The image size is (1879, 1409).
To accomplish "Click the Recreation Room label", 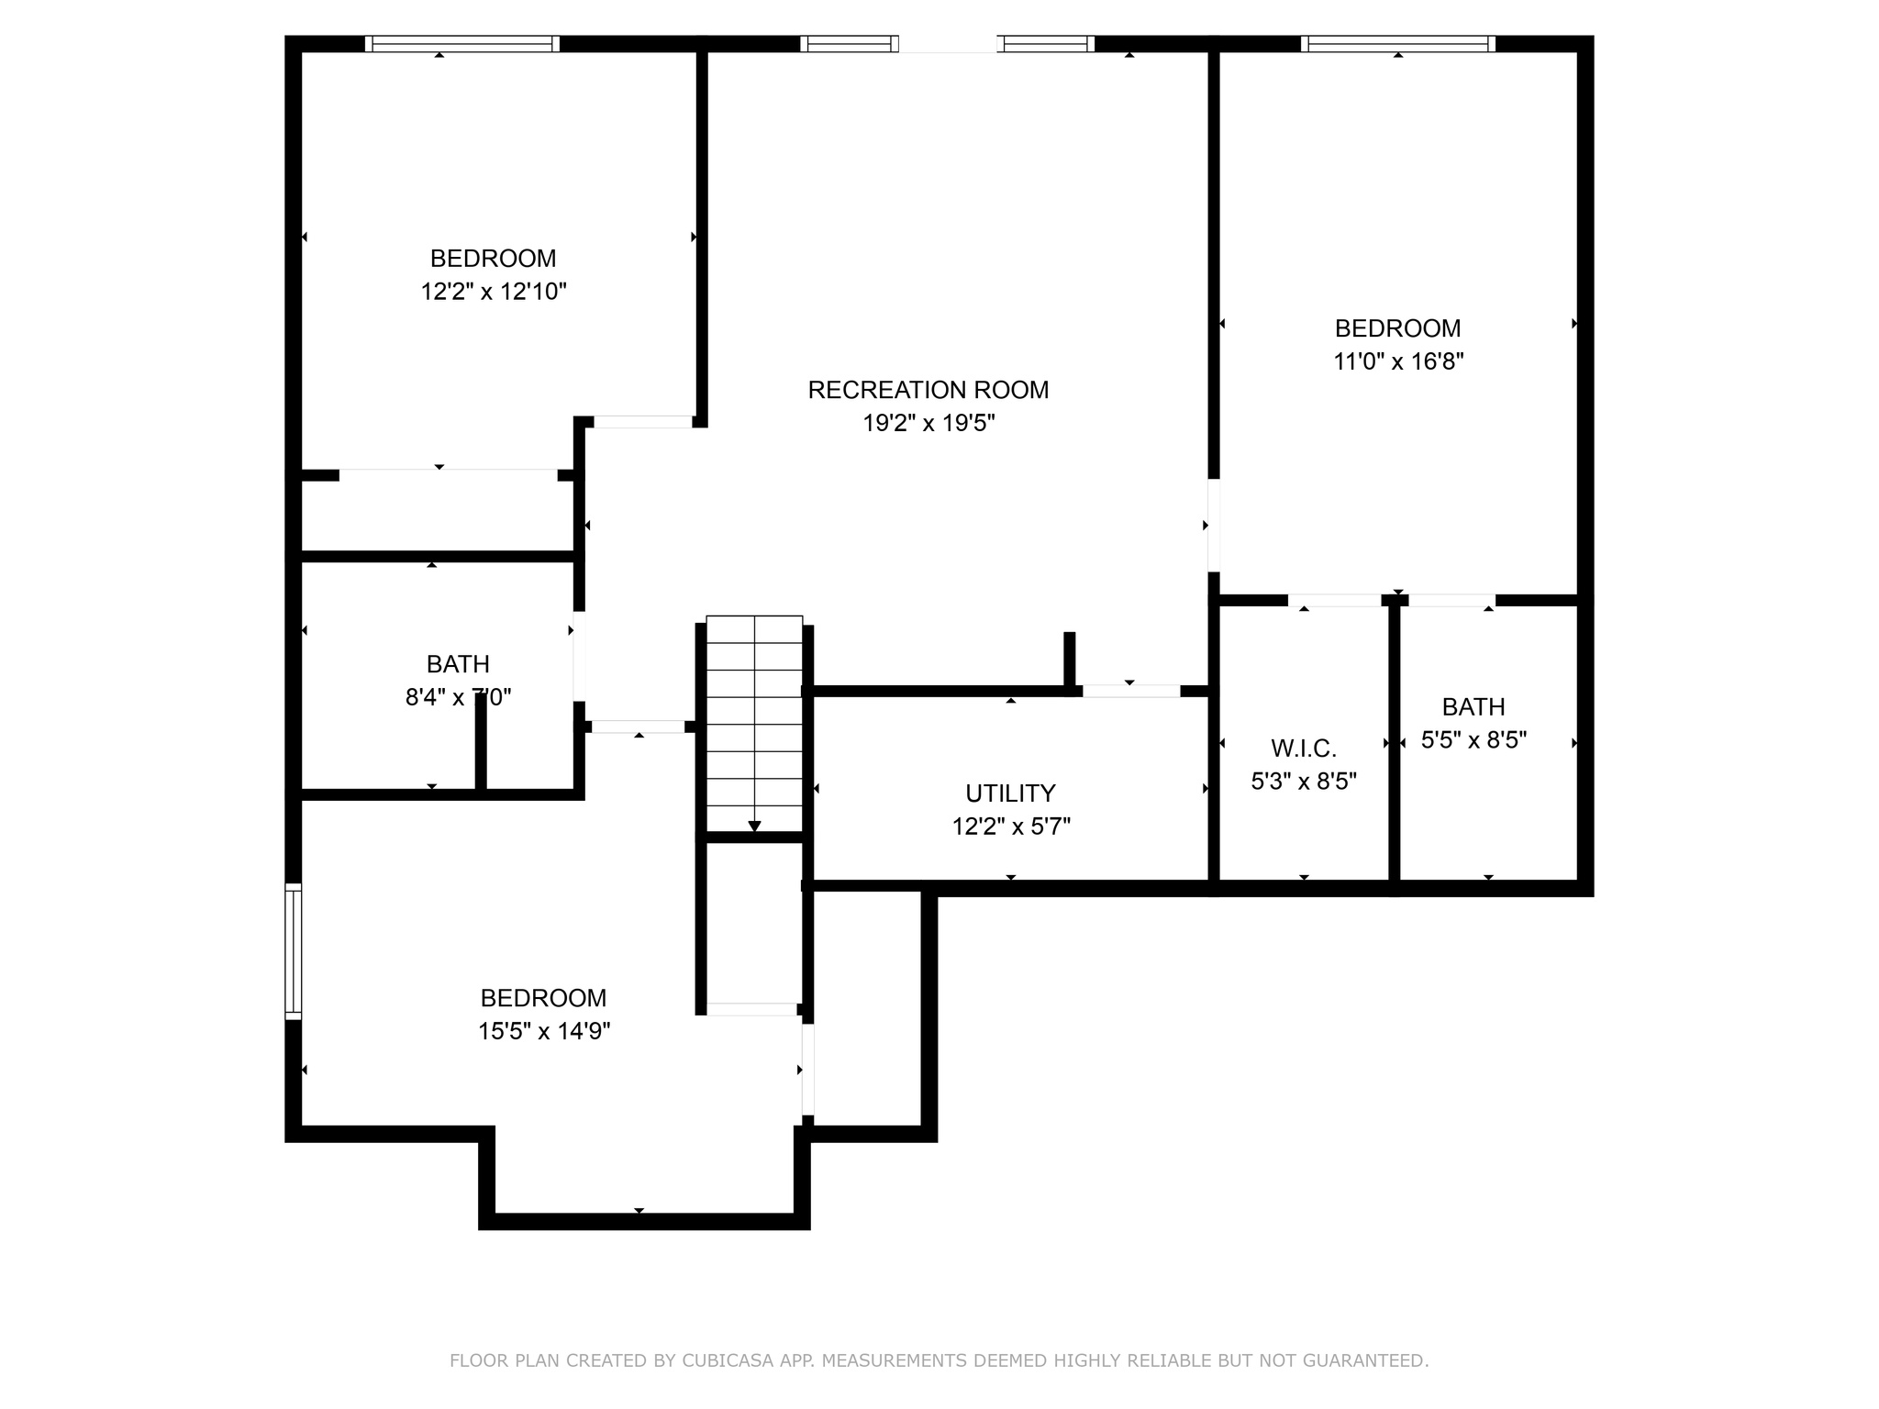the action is (928, 390).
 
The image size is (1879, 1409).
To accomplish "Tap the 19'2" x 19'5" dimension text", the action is (928, 423).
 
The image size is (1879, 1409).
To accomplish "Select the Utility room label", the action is (1010, 793).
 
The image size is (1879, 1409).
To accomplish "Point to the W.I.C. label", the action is (1304, 749).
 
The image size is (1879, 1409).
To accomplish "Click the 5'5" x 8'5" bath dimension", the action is (1473, 739).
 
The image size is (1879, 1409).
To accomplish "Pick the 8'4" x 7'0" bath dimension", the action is (458, 697).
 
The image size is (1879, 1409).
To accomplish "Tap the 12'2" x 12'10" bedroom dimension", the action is (494, 292).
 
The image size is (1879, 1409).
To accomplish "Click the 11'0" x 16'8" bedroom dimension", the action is (1398, 361).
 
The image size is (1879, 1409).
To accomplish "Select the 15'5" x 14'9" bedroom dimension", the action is (544, 1031).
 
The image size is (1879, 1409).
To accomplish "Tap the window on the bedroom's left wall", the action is (293, 950).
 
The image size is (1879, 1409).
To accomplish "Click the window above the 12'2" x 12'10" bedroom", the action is (461, 43).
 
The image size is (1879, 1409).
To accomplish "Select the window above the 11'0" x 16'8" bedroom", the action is (1398, 43).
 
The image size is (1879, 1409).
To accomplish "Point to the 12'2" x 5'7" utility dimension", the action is (1011, 827).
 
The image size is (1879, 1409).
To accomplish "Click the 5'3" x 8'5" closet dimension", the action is (1304, 782).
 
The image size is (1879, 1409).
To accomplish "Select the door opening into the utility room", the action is (1131, 691).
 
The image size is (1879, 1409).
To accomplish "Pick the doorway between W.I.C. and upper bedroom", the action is (1334, 601).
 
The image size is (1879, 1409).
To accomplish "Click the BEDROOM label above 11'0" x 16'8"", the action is (1397, 328).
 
